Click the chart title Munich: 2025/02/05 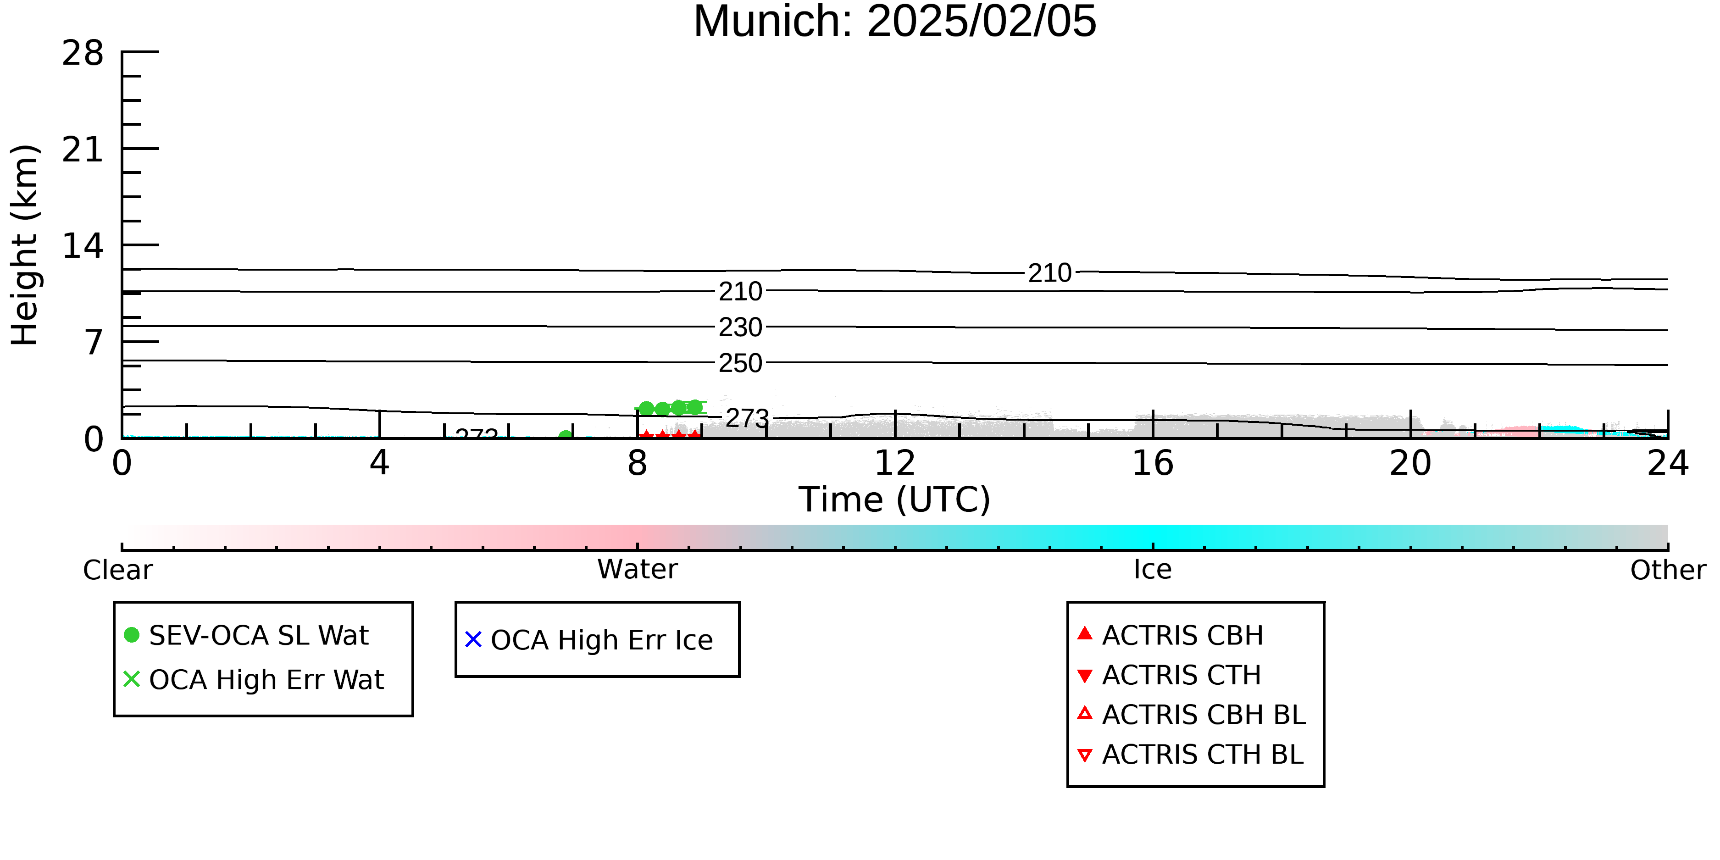pos(895,22)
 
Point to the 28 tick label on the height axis pos(83,53)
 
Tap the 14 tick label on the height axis pos(83,246)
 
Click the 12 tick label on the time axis pos(895,463)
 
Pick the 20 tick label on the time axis pos(1410,463)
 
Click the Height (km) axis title pos(25,245)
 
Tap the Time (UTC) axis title pos(895,499)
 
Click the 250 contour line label pos(740,363)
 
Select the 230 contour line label pos(740,327)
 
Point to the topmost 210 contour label pos(1049,273)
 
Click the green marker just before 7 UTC pos(566,437)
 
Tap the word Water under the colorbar pos(638,570)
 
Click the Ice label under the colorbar pos(1153,570)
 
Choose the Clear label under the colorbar pos(117,570)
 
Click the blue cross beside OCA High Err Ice pos(473,640)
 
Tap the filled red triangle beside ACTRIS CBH pos(1085,633)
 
